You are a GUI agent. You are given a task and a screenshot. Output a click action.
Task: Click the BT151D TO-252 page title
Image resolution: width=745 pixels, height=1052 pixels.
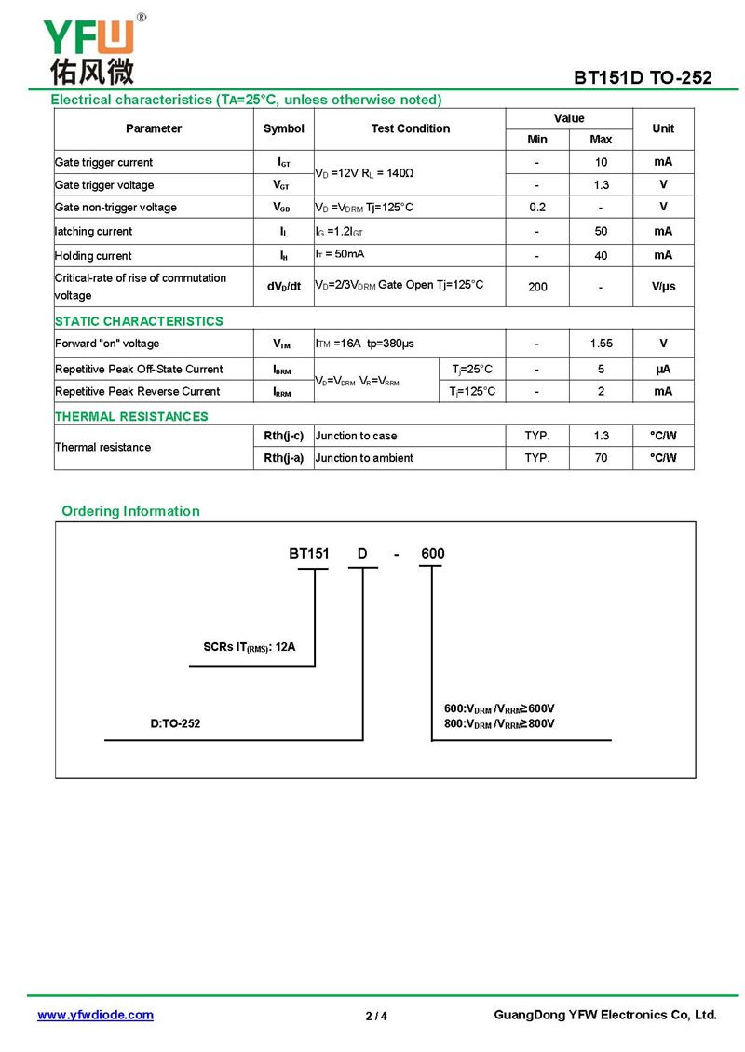click(643, 77)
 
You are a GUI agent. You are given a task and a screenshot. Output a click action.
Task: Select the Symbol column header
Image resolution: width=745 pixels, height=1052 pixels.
click(283, 128)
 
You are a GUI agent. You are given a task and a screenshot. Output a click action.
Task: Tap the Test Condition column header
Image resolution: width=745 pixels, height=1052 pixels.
click(410, 128)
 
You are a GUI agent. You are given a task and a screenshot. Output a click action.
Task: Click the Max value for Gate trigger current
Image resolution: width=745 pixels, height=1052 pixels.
click(601, 162)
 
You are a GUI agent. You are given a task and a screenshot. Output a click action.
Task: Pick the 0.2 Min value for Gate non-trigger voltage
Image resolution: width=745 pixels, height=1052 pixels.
click(537, 207)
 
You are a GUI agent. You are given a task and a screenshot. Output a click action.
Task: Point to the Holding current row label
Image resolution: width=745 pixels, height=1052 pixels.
click(93, 256)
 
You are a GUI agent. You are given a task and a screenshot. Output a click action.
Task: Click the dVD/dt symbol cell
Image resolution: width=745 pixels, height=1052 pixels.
click(283, 287)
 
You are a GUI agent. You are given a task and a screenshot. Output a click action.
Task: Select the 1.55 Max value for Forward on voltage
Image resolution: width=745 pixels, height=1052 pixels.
click(601, 344)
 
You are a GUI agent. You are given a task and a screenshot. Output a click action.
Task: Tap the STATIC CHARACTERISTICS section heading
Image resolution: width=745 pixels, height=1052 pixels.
click(139, 321)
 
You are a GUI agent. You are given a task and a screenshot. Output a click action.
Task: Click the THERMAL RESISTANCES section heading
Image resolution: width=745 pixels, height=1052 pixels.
click(131, 416)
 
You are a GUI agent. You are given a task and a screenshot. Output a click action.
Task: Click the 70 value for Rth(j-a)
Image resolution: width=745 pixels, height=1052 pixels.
click(601, 458)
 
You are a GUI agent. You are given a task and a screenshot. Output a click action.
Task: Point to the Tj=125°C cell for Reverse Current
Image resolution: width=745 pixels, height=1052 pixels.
click(472, 392)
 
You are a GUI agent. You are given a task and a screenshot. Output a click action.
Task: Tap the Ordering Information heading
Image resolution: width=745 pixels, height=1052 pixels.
click(130, 511)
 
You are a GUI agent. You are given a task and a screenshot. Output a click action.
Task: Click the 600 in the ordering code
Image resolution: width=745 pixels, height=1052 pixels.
click(432, 554)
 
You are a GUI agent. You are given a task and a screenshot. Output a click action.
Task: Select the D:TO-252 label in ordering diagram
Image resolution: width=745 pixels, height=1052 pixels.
click(175, 723)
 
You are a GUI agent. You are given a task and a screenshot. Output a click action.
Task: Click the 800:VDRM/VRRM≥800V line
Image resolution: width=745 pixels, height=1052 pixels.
click(499, 723)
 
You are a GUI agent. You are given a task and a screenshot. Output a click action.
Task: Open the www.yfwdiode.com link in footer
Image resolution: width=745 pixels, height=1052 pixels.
click(95, 1015)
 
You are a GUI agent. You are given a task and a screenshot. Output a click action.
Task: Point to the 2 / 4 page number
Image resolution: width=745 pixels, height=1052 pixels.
click(376, 1016)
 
